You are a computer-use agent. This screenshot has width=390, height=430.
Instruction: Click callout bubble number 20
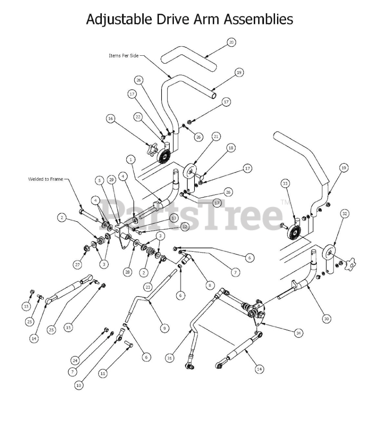click(x=231, y=42)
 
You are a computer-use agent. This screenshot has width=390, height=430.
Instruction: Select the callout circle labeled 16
click(x=110, y=119)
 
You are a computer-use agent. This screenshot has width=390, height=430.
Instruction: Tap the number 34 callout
click(x=298, y=333)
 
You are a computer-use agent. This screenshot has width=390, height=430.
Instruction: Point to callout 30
click(x=326, y=319)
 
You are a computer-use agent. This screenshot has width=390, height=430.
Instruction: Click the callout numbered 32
click(x=345, y=214)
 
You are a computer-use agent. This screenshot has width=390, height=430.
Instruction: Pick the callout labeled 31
click(x=170, y=358)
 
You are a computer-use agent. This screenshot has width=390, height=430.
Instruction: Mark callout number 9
click(x=164, y=328)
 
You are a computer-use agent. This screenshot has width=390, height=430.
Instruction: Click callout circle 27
click(x=78, y=265)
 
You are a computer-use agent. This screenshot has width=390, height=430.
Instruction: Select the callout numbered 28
click(x=128, y=272)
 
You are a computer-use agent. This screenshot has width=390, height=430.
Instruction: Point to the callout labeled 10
click(x=79, y=386)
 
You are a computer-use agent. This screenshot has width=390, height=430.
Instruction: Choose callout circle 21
click(x=216, y=137)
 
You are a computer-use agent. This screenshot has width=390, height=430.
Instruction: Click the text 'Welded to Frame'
click(x=45, y=179)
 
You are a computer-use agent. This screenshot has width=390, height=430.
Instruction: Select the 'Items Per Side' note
click(x=124, y=56)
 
